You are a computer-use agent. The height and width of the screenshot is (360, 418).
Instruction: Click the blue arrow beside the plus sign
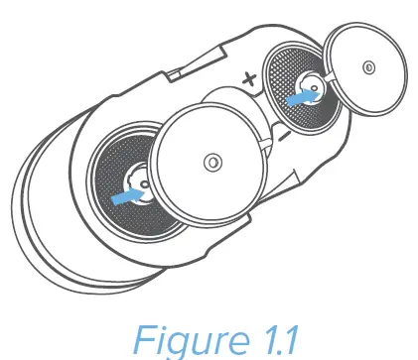coord(299,100)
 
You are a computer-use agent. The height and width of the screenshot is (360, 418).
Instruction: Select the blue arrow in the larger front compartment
coord(126,198)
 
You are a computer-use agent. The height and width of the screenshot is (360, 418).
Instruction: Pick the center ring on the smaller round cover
coord(369,68)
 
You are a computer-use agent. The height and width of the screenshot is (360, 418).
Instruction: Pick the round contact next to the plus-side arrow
coord(314,93)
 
